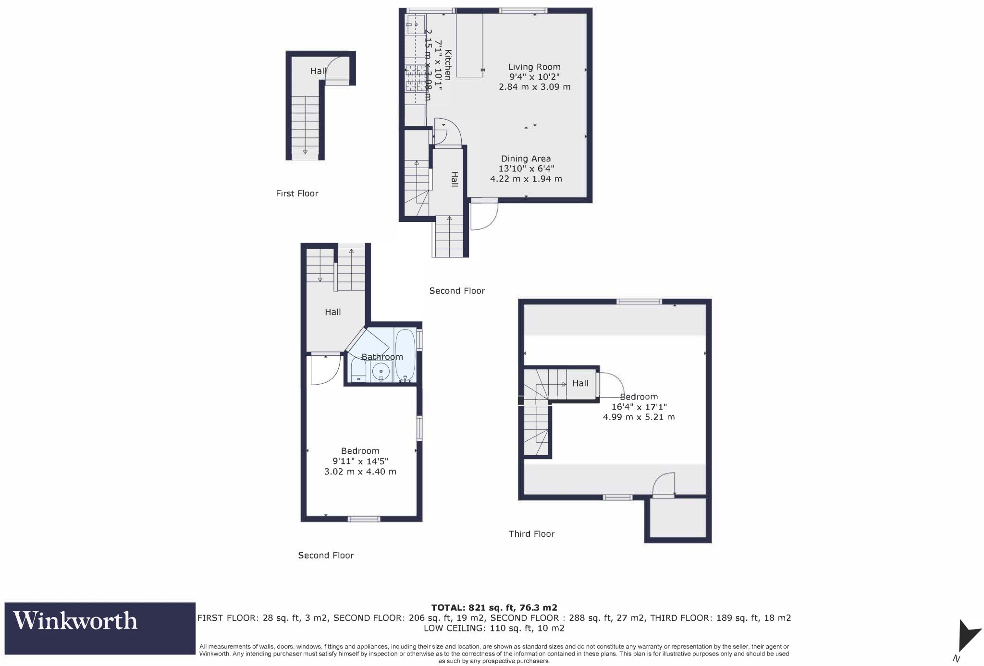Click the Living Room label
[x=534, y=67]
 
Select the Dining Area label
[x=526, y=158]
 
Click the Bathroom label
[x=382, y=357]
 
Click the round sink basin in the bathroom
[x=381, y=371]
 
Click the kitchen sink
[x=415, y=23]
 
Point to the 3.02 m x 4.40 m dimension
[x=360, y=472]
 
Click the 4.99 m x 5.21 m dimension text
[x=639, y=417]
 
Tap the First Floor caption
[x=297, y=194]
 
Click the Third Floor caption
[x=531, y=534]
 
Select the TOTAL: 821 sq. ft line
[x=494, y=607]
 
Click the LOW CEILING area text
[x=494, y=628]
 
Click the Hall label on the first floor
[x=318, y=71]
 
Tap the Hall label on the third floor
[x=580, y=383]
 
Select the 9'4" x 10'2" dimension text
[x=534, y=77]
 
